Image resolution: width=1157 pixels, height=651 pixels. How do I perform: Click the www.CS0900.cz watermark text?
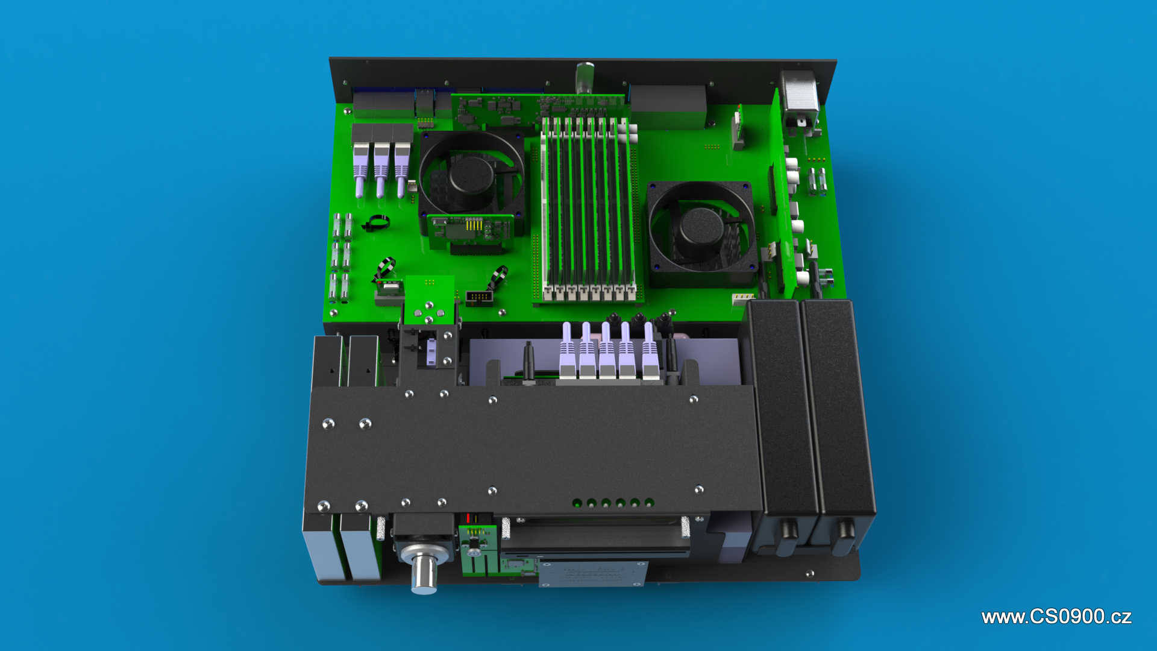1056,617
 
